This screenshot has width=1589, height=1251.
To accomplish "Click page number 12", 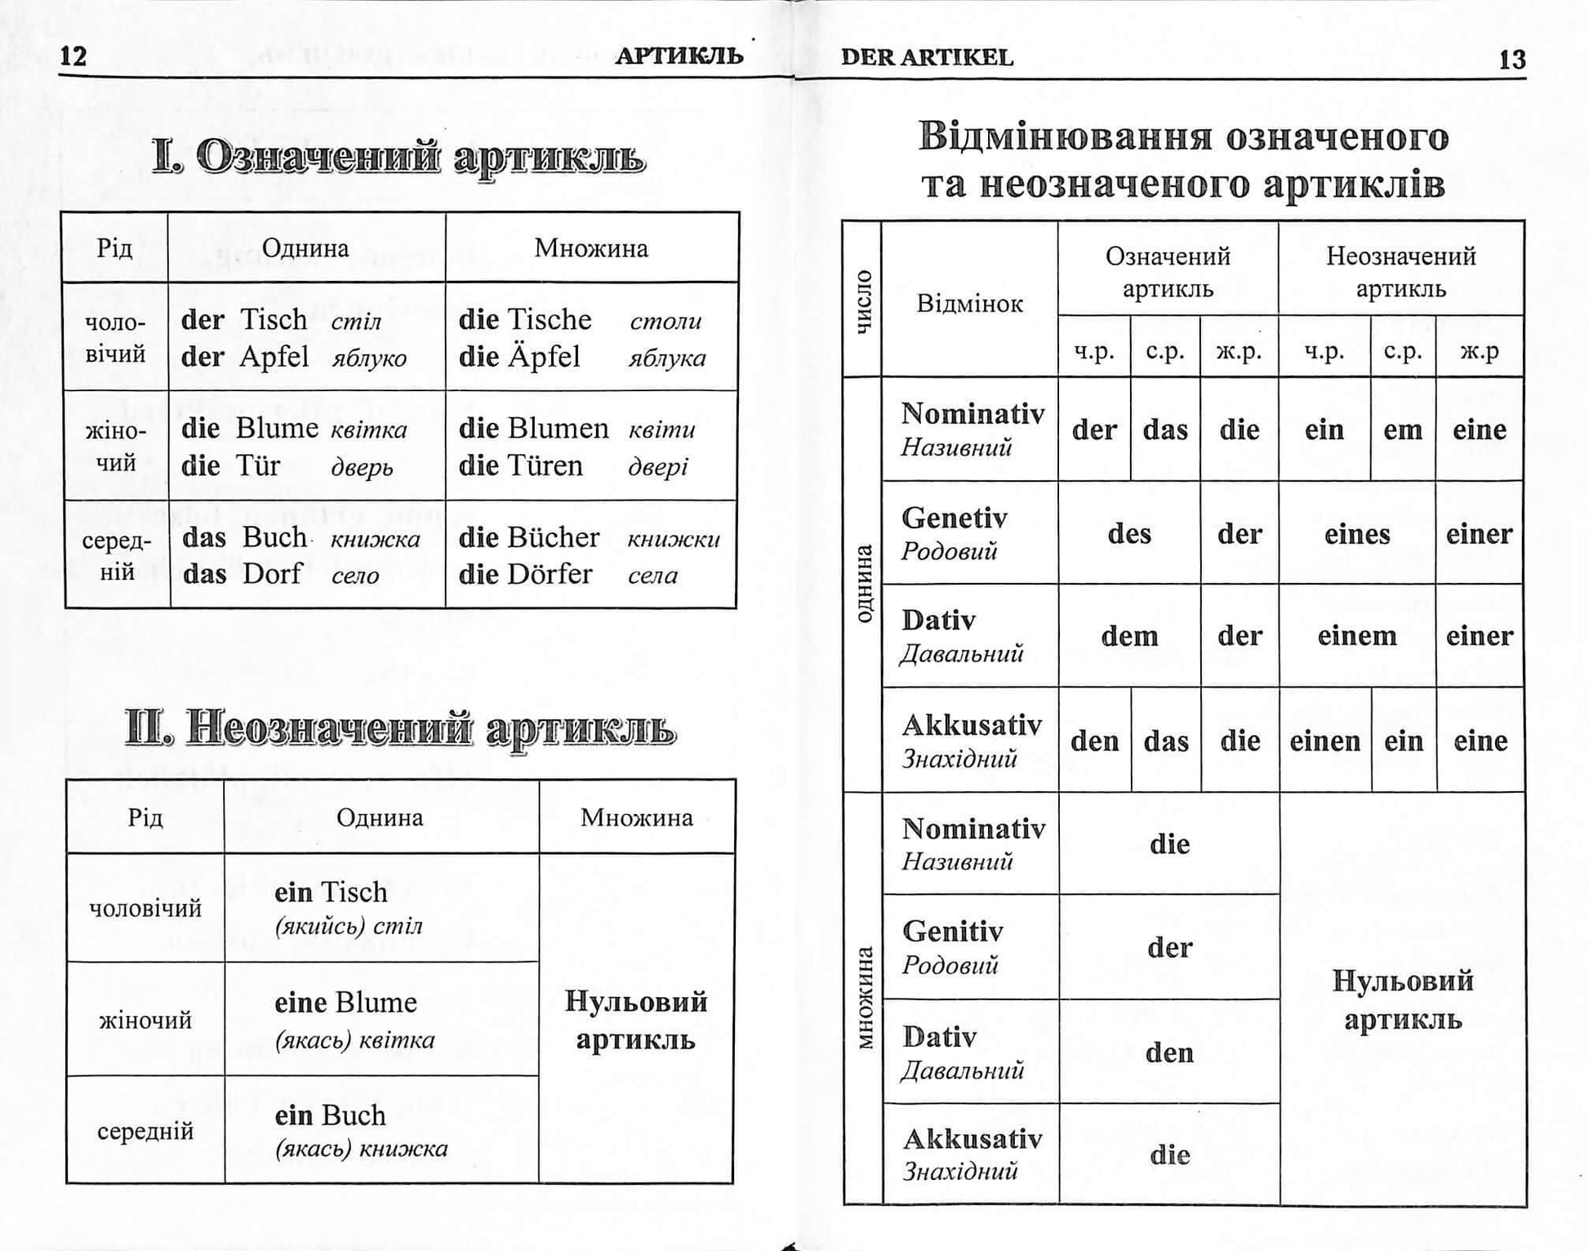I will coord(73,56).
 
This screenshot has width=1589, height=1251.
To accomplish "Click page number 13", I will coord(1511,60).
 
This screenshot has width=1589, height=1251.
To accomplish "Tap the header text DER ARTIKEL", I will coord(926,57).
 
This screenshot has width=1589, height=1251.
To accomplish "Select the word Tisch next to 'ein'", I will coord(354,893).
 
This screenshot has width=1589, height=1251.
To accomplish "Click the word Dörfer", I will coord(549,574).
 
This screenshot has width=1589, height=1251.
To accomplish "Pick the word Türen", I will coord(545,466).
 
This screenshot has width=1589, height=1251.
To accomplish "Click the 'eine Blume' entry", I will coord(345,1003).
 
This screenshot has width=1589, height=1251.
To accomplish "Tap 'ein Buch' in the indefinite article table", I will coord(330,1115).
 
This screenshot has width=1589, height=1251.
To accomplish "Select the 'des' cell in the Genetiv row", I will coord(1128,534).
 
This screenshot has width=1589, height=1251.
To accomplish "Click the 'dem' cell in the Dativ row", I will coord(1128,636).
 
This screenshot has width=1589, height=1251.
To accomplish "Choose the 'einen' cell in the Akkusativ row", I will coord(1324,741).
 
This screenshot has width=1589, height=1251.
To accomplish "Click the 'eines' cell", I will coord(1356,534).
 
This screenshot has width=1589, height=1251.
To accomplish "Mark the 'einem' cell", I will coord(1356,636).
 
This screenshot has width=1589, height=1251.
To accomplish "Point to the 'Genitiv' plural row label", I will coord(953,932).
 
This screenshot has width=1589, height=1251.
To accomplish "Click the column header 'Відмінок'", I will coord(969,304).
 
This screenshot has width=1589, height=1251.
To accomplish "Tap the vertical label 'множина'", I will coord(864,998).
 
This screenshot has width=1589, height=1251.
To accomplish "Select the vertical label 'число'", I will coord(862,301).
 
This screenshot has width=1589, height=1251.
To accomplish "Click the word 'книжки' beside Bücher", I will coord(674,539).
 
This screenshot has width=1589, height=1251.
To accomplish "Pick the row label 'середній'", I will coord(145,1132).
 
